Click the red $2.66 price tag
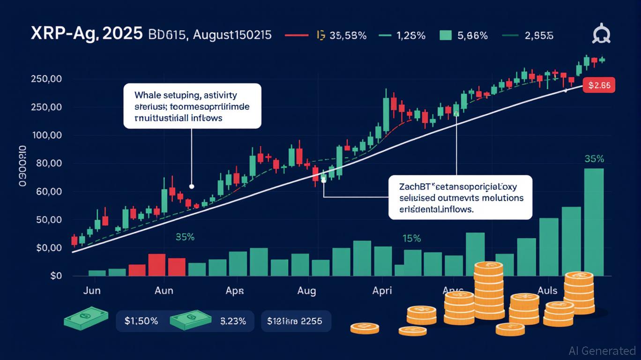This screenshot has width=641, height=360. (x=599, y=85)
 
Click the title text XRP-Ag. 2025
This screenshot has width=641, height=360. (x=87, y=35)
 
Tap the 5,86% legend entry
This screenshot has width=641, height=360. (x=471, y=35)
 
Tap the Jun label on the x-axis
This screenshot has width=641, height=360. (x=91, y=291)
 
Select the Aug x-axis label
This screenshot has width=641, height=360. (x=306, y=291)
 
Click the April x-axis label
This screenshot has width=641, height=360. (x=382, y=291)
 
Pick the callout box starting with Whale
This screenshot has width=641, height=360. (x=192, y=106)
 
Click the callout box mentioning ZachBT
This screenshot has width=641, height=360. (x=460, y=198)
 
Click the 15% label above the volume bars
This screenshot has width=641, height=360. (x=411, y=239)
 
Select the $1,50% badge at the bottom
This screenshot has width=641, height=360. (x=142, y=322)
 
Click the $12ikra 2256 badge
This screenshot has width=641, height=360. (x=296, y=322)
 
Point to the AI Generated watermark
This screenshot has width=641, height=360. (x=602, y=351)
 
